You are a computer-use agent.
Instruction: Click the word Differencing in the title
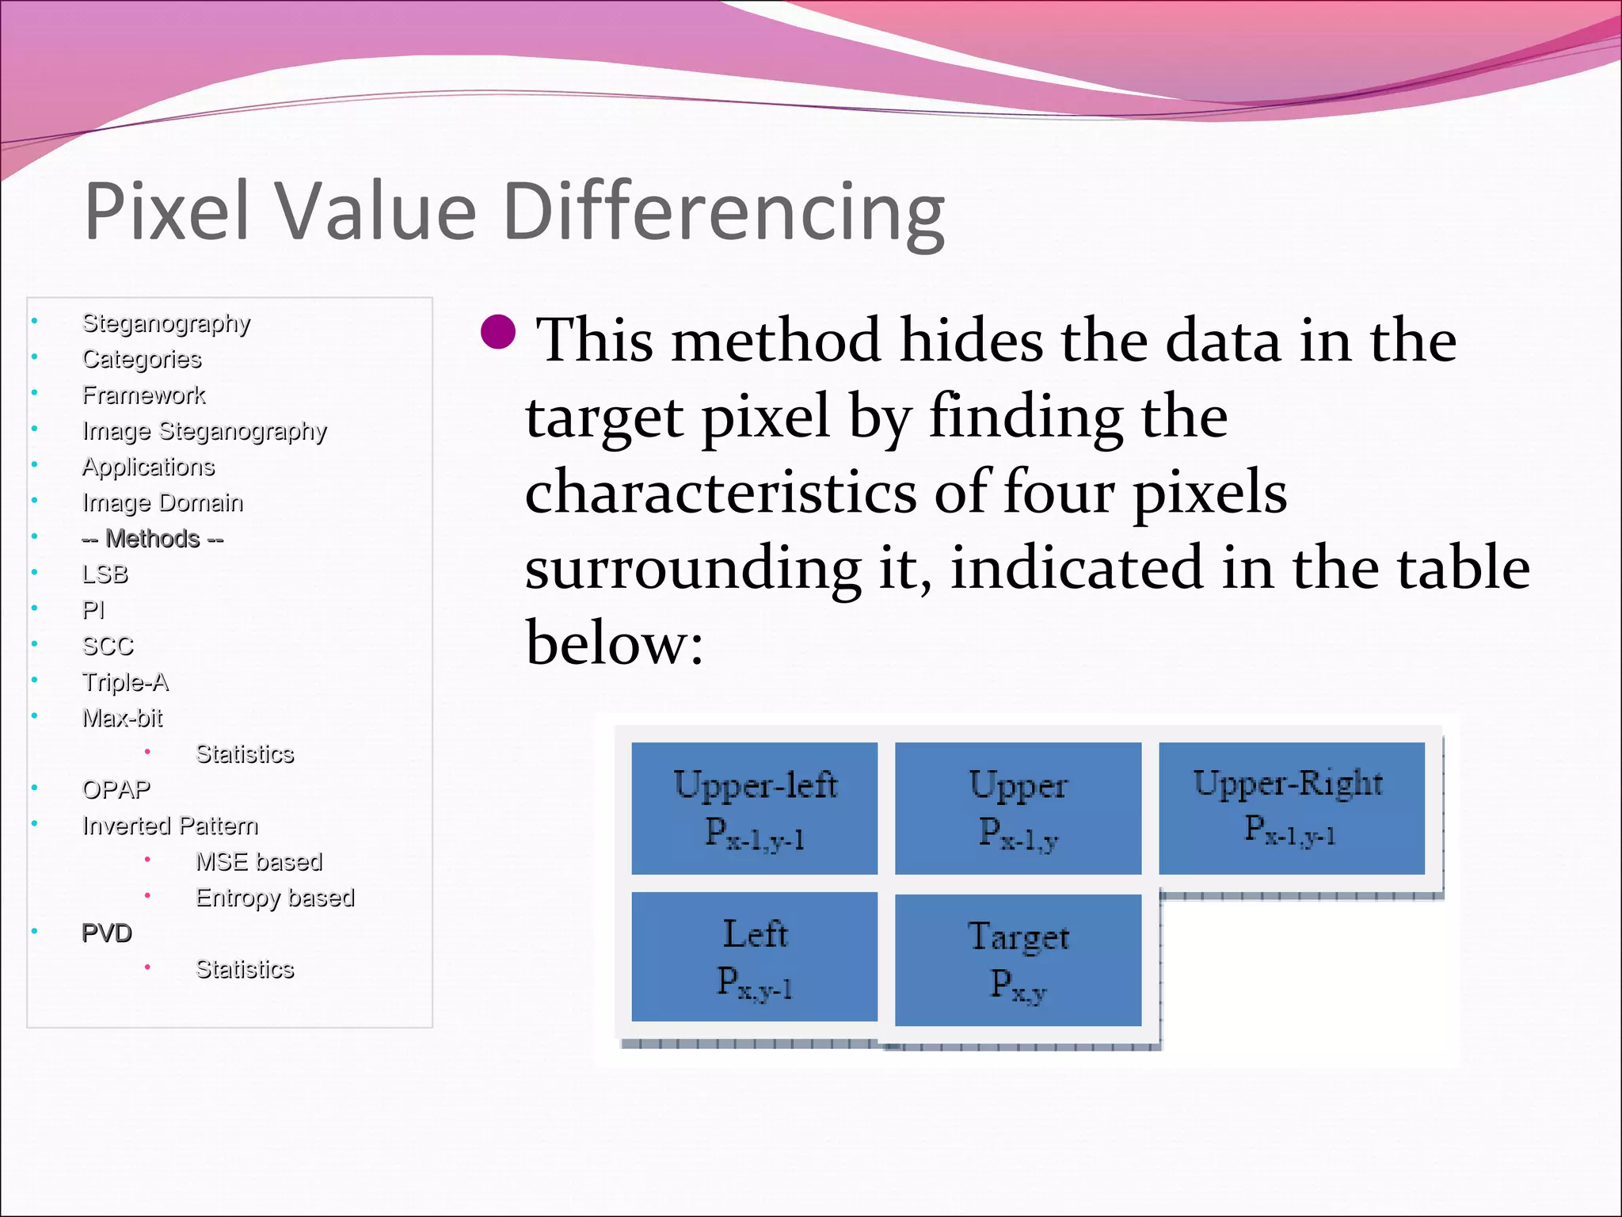[x=724, y=212]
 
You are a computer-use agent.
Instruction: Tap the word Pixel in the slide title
[x=167, y=211]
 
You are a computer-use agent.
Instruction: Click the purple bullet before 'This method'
[x=498, y=332]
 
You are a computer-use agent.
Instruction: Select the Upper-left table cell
[x=754, y=808]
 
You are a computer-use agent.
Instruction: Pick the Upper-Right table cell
[x=1291, y=807]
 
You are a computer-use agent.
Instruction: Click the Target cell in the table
[x=1018, y=959]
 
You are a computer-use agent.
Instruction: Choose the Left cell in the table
[x=754, y=956]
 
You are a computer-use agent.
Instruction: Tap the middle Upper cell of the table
[x=1018, y=808]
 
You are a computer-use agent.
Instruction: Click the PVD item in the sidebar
[x=107, y=933]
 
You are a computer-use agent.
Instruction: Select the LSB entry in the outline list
[x=105, y=574]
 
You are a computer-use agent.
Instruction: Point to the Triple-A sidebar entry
[x=125, y=682]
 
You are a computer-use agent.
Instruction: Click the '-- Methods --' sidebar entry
[x=153, y=539]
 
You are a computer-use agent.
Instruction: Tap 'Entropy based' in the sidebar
[x=275, y=898]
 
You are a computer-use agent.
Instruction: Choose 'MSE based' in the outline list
[x=259, y=862]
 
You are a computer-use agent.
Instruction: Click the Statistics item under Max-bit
[x=245, y=754]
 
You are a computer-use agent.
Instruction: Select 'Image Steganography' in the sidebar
[x=204, y=431]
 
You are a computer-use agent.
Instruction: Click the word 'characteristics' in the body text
[x=721, y=493]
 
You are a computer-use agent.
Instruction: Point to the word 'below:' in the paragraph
[x=615, y=643]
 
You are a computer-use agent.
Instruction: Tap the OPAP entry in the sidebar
[x=116, y=790]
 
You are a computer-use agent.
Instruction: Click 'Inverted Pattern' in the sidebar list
[x=170, y=826]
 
